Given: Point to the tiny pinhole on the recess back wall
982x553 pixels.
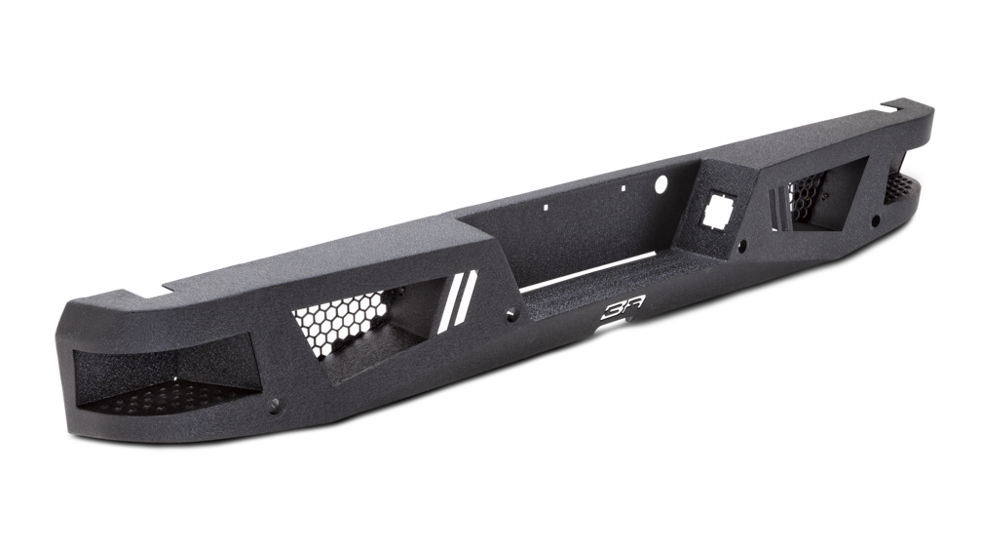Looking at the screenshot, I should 548,207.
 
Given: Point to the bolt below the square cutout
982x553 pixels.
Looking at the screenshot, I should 742,244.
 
